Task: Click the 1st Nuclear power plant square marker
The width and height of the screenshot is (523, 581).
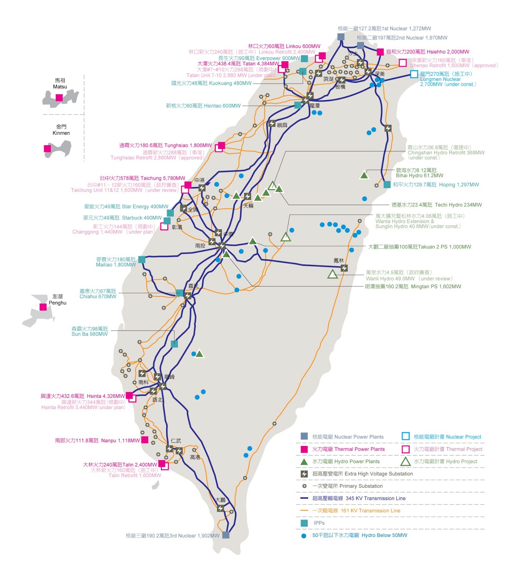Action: click(341, 37)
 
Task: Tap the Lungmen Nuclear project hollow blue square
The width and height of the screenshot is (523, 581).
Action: click(414, 74)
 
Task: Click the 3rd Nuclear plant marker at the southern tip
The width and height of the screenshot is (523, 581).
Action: click(226, 535)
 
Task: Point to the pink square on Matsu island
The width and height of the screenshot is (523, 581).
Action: click(59, 98)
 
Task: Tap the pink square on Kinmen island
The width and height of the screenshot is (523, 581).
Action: click(47, 149)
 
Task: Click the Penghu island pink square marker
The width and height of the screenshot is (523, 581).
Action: click(43, 307)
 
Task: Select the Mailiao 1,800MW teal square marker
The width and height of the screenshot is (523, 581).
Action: click(142, 259)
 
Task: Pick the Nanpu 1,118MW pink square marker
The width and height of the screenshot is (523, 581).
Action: click(145, 440)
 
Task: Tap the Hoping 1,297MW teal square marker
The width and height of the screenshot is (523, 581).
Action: click(387, 184)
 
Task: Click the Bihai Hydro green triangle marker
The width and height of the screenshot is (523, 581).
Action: click(364, 175)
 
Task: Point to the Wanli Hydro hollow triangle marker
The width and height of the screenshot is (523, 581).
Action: click(332, 274)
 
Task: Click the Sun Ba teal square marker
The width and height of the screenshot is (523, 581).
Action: click(174, 344)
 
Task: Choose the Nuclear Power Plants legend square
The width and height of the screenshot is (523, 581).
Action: click(304, 436)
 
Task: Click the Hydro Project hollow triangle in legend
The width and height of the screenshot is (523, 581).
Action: click(405, 462)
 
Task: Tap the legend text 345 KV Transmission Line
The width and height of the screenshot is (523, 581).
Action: click(376, 498)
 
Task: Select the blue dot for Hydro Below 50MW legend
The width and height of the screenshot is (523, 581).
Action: click(304, 536)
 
